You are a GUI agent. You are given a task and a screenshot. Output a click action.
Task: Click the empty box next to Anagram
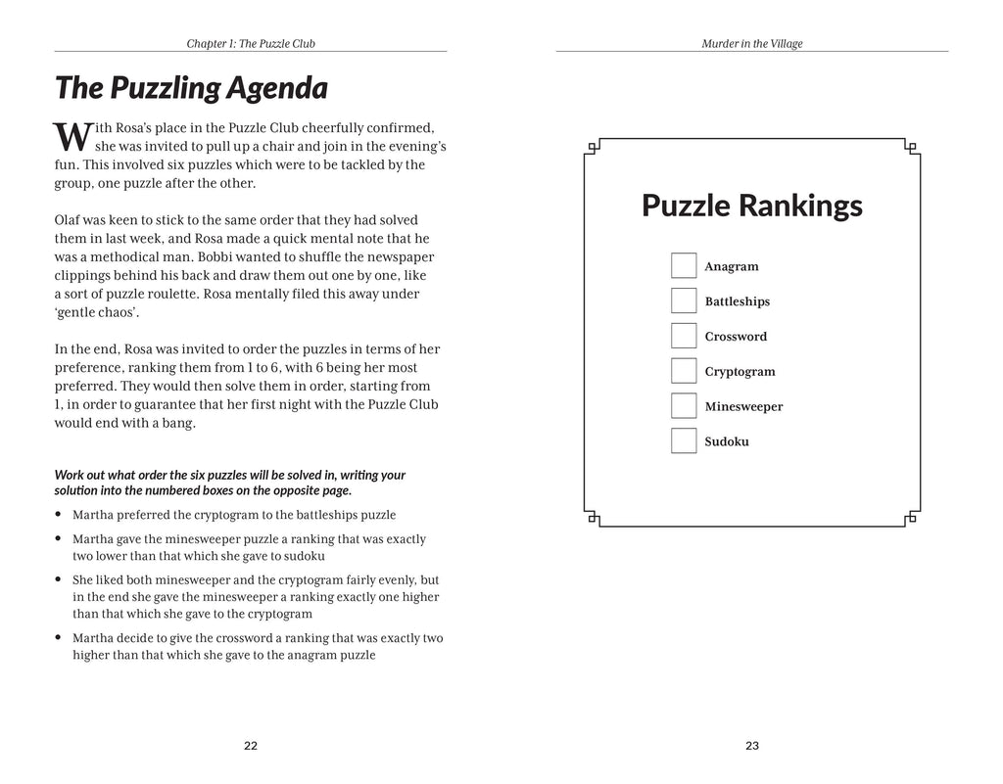[x=683, y=266]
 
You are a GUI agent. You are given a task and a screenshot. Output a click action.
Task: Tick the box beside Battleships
[x=683, y=300]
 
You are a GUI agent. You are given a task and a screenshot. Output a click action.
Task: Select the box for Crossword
[x=683, y=336]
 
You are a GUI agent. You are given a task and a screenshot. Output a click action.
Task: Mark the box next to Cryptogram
[x=683, y=371]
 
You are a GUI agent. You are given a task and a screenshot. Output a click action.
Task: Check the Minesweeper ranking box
[x=683, y=406]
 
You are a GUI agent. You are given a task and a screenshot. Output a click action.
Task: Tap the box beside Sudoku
[x=683, y=441]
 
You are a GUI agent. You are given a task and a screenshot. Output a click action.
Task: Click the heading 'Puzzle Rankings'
[x=751, y=207]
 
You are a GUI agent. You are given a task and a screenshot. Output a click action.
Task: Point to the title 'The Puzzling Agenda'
[x=190, y=89]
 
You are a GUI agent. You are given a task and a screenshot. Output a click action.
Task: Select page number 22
[x=250, y=746]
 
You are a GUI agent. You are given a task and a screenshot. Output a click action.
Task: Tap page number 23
[x=751, y=746]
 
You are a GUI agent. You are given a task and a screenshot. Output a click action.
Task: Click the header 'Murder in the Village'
[x=751, y=44]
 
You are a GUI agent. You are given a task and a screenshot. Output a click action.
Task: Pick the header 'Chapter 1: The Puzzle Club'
[x=250, y=44]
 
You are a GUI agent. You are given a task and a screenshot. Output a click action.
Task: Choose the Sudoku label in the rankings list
[x=727, y=442]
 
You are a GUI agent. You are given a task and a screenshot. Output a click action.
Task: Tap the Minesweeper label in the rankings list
[x=743, y=407]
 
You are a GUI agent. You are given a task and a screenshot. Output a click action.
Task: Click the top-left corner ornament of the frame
[x=592, y=149]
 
